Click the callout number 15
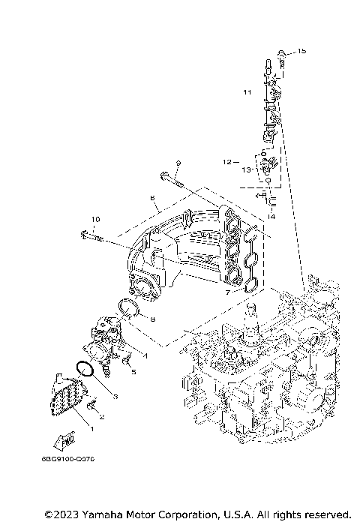click(x=301, y=52)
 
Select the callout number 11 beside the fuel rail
click(x=247, y=92)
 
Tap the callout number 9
click(x=178, y=163)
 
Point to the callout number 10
click(x=95, y=219)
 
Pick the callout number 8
click(x=152, y=319)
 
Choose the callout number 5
click(x=133, y=371)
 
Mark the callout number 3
click(x=115, y=394)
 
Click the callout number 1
click(x=91, y=428)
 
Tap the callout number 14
click(x=271, y=216)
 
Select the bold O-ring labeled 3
click(x=85, y=370)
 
